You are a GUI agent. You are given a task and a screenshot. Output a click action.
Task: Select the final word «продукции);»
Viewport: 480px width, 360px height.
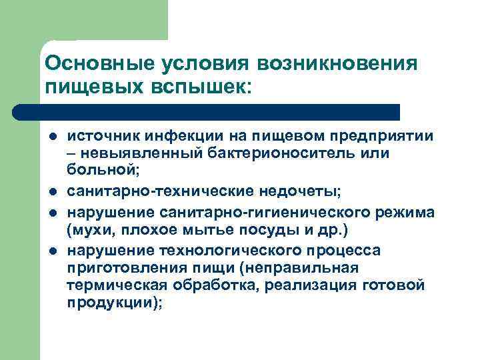click(114, 303)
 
